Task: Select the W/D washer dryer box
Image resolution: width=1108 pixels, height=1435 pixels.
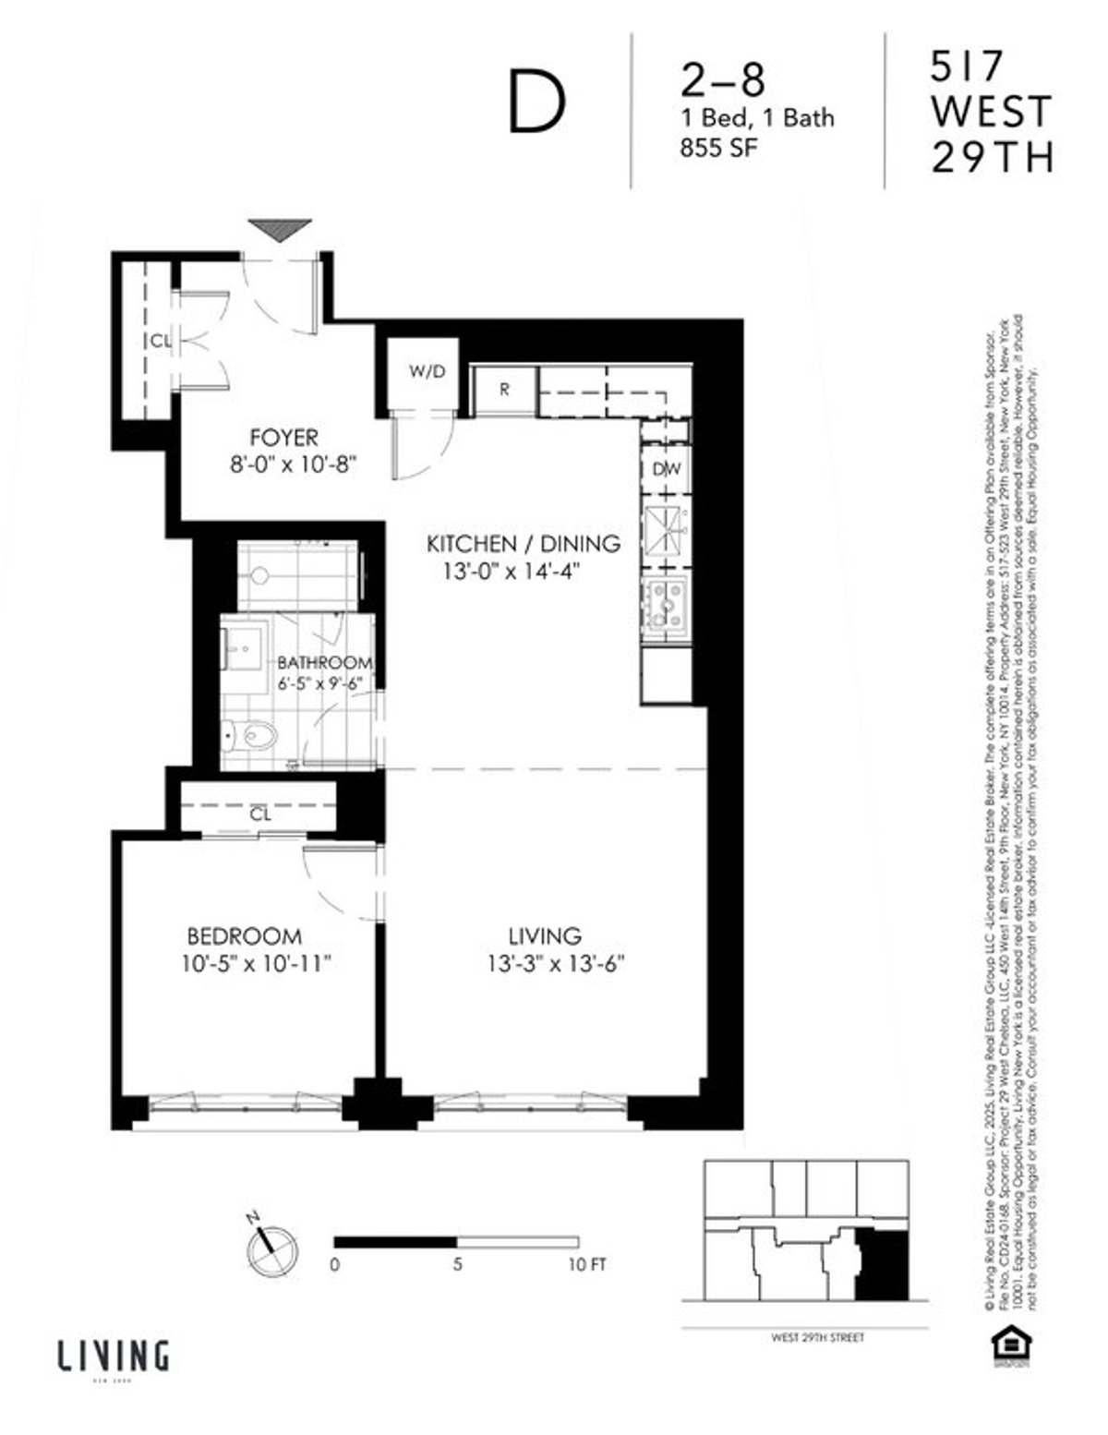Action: coord(428,372)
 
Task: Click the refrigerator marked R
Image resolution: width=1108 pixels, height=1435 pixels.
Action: coord(504,389)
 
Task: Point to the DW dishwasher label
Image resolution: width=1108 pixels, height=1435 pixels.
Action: coord(667,469)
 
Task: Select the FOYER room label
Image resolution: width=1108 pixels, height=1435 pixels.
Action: coord(283,437)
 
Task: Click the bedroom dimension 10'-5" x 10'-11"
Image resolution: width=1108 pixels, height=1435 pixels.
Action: coord(256,965)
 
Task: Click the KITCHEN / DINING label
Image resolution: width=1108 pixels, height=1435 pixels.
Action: coord(523,544)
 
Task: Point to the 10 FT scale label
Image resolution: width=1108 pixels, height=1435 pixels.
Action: coord(586,1265)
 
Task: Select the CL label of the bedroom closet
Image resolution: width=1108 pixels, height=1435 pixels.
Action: coord(260,814)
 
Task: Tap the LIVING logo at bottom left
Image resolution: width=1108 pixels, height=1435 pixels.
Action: coord(114,1357)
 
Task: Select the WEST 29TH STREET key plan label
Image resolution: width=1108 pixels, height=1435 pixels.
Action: coord(805,1337)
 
